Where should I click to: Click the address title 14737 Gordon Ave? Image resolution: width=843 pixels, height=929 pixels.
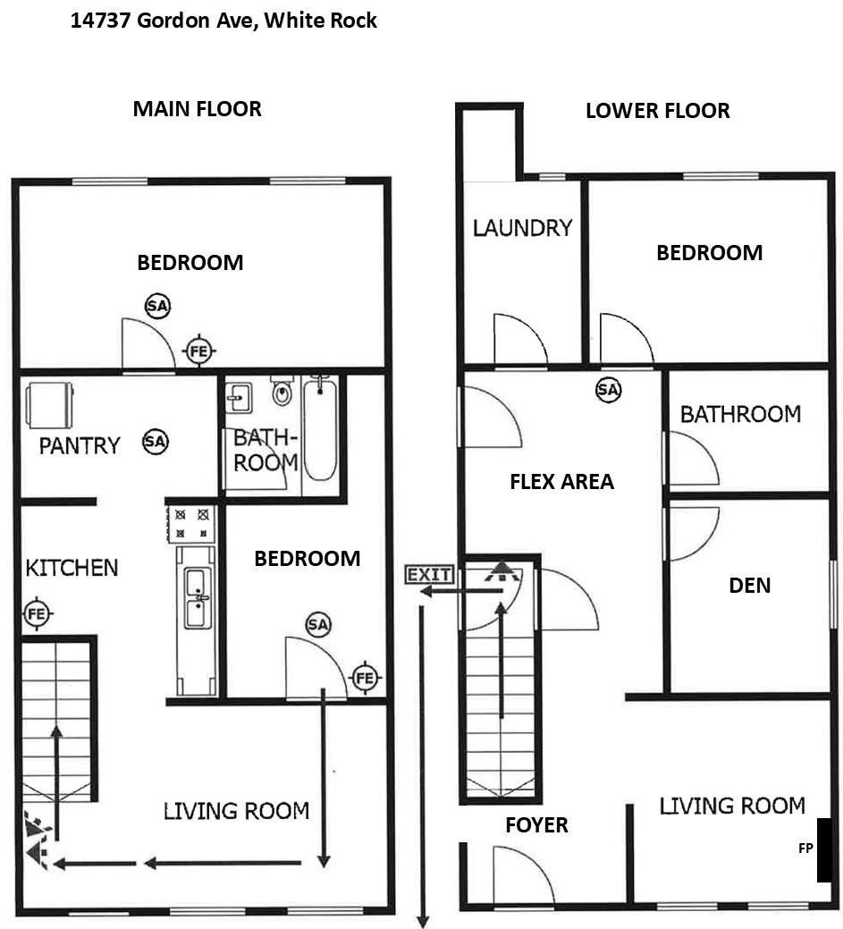[x=223, y=21]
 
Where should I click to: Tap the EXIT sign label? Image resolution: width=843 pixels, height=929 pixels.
[x=429, y=575]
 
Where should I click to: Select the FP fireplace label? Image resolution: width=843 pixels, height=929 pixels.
[x=805, y=848]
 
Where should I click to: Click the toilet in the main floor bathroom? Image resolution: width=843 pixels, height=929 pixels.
[x=282, y=390]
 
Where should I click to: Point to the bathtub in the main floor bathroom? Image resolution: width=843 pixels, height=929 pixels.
[x=320, y=429]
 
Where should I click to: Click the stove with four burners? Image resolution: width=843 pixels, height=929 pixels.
[x=190, y=523]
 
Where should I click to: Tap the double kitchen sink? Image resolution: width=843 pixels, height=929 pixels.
[x=197, y=597]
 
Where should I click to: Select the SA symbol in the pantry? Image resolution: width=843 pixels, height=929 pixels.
[x=156, y=442]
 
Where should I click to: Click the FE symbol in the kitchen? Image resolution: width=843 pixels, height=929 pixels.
[x=37, y=613]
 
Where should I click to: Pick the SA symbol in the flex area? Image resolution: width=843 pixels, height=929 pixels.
[x=609, y=390]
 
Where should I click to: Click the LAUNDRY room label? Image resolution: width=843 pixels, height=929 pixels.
[x=522, y=228]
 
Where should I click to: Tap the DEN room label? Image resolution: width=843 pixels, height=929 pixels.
[x=749, y=586]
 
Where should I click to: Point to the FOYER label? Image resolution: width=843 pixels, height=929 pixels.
[x=536, y=824]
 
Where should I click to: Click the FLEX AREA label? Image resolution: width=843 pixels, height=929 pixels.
[x=561, y=482]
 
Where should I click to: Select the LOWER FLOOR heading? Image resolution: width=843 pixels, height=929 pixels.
[x=658, y=111]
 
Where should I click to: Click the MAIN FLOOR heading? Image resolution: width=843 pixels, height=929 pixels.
[x=198, y=109]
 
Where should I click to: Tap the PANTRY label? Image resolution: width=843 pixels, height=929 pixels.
[x=80, y=445]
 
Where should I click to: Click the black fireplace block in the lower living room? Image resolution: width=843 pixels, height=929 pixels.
[x=824, y=850]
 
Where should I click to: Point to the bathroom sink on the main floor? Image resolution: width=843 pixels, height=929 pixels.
[x=239, y=398]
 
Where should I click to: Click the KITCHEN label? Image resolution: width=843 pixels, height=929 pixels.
[x=72, y=568]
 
